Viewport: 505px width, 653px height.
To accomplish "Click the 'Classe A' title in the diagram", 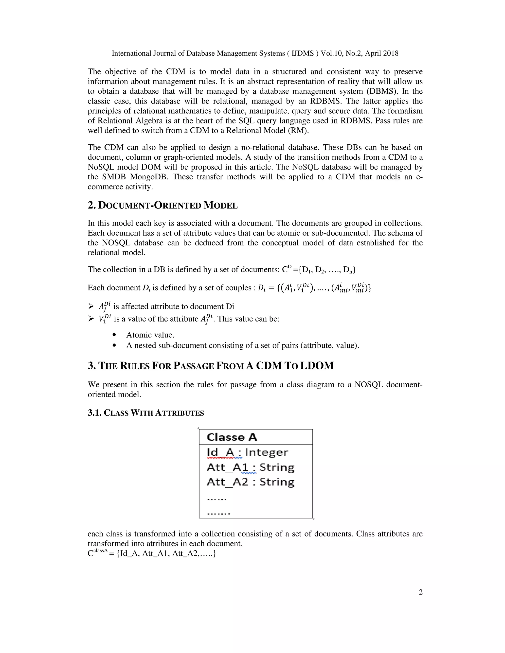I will click(x=232, y=437).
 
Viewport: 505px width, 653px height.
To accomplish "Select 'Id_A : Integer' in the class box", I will click(x=247, y=452).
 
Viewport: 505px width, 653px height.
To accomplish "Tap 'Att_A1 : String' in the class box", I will click(x=251, y=467).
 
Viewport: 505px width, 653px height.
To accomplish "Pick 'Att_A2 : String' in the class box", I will click(x=251, y=482).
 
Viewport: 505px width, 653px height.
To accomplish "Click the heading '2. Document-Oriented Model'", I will click(x=162, y=206).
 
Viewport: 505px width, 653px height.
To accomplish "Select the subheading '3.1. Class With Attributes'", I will click(x=146, y=413).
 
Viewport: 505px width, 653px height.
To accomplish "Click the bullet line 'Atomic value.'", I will click(x=150, y=335).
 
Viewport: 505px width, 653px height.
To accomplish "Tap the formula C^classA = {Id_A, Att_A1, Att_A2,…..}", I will click(x=152, y=553).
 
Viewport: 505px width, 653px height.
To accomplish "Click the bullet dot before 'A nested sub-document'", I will click(x=114, y=345).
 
